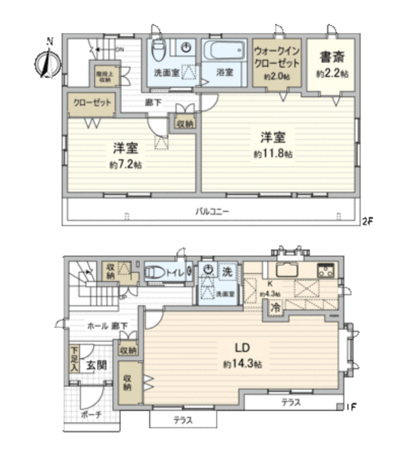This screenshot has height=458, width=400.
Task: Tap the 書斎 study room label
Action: pyautogui.click(x=332, y=55)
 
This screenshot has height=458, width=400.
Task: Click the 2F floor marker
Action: pyautogui.click(x=367, y=220)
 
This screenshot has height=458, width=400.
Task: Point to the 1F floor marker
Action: pyautogui.click(x=351, y=408)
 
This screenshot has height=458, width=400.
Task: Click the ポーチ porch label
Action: pyautogui.click(x=89, y=415)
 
